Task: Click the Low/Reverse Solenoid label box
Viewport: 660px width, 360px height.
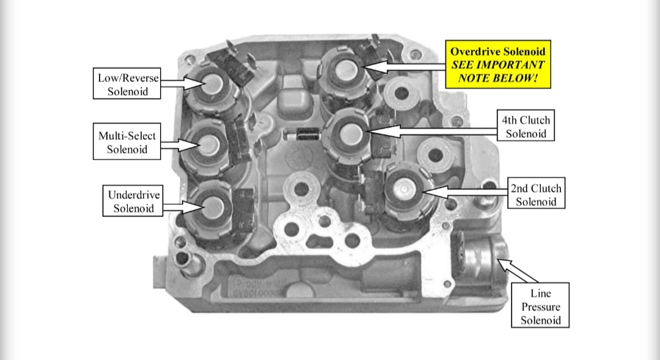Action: (x=127, y=83)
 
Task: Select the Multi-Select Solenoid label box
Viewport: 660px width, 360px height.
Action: (x=127, y=141)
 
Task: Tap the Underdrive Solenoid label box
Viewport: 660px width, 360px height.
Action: (x=133, y=201)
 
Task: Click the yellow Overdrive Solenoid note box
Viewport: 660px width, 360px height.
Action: (x=498, y=64)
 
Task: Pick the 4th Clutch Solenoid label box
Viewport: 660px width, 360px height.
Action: (x=526, y=125)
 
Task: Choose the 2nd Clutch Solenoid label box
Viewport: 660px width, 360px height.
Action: (x=536, y=193)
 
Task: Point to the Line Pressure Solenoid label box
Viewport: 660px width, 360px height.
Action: (x=540, y=305)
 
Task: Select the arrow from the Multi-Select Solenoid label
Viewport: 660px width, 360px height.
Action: (x=180, y=145)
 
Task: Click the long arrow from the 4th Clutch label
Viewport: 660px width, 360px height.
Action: (x=433, y=131)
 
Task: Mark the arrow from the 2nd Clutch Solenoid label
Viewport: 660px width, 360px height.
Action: (x=464, y=192)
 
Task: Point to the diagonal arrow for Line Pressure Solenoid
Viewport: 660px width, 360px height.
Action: (x=518, y=271)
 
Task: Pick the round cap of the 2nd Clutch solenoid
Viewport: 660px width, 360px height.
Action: (x=403, y=190)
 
